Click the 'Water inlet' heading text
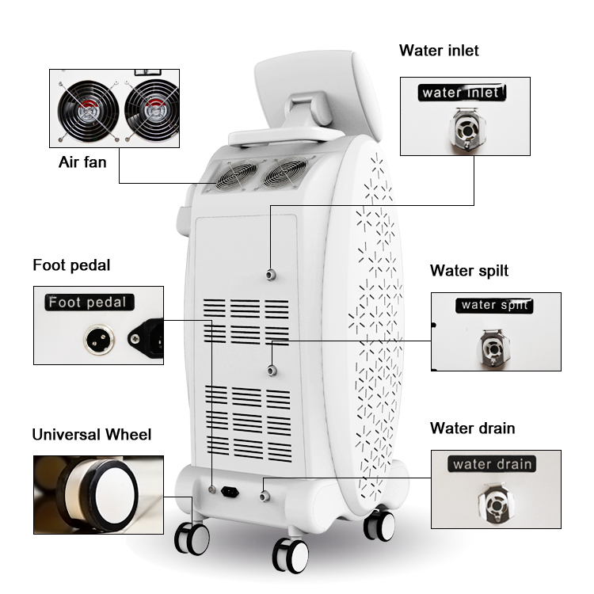[439, 51]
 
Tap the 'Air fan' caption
[82, 162]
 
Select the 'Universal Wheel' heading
[92, 435]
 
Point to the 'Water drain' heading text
[472, 428]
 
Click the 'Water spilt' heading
[469, 271]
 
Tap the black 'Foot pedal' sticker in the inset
[89, 303]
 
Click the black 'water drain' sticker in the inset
[492, 464]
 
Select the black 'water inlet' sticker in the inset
[462, 93]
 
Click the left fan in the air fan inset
[88, 111]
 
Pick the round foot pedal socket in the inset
[98, 339]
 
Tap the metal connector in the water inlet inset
[466, 129]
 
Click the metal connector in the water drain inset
[496, 504]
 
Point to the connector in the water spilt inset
[494, 348]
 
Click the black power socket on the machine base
[230, 492]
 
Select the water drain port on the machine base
[265, 496]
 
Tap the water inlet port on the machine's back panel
[270, 275]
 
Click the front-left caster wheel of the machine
[192, 539]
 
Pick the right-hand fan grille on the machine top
[285, 173]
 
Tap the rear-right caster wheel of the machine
[379, 525]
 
